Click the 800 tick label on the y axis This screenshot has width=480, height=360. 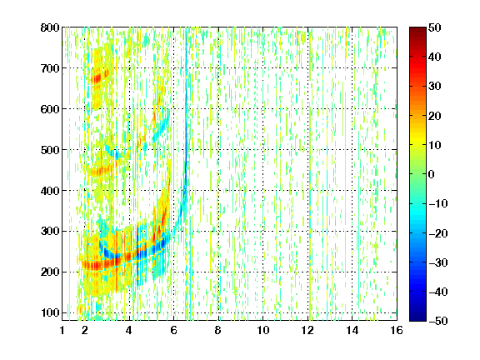(50, 27)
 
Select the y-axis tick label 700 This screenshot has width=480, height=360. (50, 68)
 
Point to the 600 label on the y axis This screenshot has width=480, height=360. (50, 109)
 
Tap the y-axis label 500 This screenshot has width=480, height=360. (50, 150)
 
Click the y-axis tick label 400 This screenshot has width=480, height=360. (50, 191)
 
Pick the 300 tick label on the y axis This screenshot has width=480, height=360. (50, 232)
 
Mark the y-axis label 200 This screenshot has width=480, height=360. (50, 272)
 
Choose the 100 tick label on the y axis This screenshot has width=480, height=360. (50, 312)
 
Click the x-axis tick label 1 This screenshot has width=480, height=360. (62, 330)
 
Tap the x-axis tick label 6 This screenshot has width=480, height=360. (173, 330)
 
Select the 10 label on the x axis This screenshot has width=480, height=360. (262, 330)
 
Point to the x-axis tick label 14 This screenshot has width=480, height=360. (352, 330)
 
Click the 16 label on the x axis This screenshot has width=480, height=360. (397, 330)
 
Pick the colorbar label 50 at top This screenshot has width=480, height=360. (434, 27)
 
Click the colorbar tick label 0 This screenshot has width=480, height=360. (432, 174)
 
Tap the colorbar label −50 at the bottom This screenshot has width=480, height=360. (438, 321)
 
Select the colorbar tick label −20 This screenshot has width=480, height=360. (438, 233)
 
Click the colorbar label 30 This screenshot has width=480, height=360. (434, 87)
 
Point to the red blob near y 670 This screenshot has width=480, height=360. (97, 78)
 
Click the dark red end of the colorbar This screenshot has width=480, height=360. (417, 31)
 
